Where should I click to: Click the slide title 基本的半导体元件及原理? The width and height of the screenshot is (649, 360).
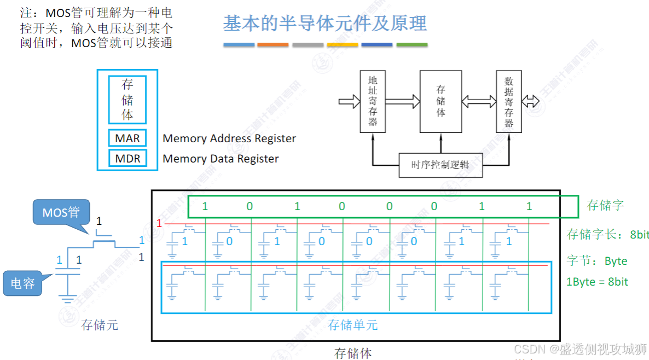pyautogui.click(x=325, y=24)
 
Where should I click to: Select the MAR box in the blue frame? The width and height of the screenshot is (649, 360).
pyautogui.click(x=128, y=138)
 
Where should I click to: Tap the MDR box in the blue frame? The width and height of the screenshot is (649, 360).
pyautogui.click(x=128, y=159)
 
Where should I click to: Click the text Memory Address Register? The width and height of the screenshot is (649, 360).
pyautogui.click(x=229, y=139)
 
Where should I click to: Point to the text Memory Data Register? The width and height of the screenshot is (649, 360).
pyautogui.click(x=221, y=159)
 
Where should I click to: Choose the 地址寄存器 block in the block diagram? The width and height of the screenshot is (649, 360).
pyautogui.click(x=373, y=101)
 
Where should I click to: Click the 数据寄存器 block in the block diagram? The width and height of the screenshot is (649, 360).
pyautogui.click(x=509, y=101)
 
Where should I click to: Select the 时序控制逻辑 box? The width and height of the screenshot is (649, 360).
pyautogui.click(x=440, y=165)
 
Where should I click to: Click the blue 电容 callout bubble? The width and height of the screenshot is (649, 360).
pyautogui.click(x=22, y=283)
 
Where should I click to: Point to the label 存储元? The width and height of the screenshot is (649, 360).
pyautogui.click(x=100, y=325)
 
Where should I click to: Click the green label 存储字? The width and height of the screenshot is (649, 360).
pyautogui.click(x=605, y=206)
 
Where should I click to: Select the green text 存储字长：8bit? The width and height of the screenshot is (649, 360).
pyautogui.click(x=607, y=235)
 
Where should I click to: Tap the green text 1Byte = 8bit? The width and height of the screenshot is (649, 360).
pyautogui.click(x=598, y=282)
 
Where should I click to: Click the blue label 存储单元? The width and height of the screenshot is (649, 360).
pyautogui.click(x=352, y=325)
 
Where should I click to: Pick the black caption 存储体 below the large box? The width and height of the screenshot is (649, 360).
pyautogui.click(x=353, y=353)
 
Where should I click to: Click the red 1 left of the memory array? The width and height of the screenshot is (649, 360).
pyautogui.click(x=159, y=223)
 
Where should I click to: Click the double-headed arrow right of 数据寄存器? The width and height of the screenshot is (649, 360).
pyautogui.click(x=530, y=101)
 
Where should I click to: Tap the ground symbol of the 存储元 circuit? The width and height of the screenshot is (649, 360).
pyautogui.click(x=68, y=299)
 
